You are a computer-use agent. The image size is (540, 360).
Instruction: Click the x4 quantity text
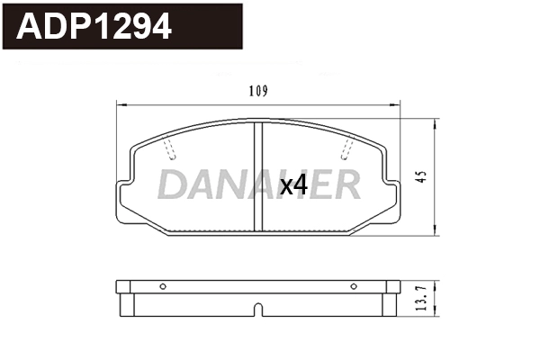293,185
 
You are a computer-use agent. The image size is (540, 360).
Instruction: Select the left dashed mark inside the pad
171,148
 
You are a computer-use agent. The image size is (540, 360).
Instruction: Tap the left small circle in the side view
163,287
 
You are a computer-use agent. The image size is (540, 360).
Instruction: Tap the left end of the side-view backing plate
121,287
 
